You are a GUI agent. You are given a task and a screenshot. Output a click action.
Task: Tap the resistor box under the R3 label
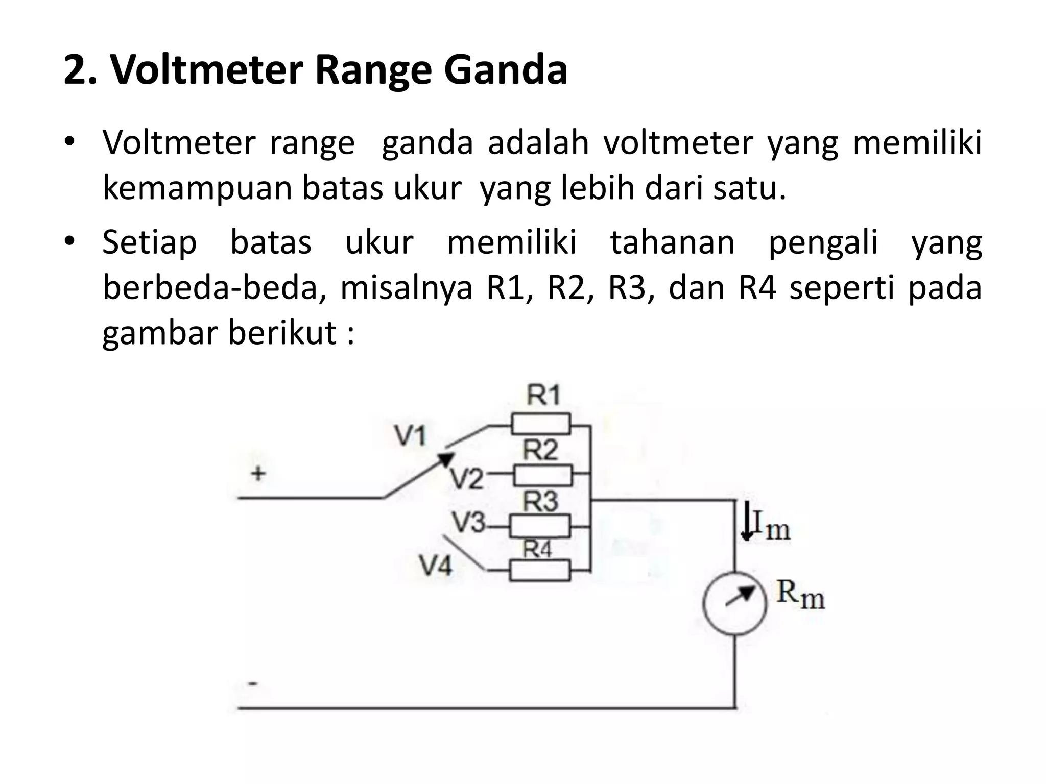coord(540,526)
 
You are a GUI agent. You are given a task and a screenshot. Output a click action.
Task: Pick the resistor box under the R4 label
coord(540,570)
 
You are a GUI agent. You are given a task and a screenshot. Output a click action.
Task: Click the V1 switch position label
coord(410,436)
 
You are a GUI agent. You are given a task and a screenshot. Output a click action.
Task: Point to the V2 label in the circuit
coord(466,478)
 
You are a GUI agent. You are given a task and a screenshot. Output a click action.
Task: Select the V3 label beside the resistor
coord(469,522)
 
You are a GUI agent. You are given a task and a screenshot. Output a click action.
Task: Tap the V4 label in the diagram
coord(436,566)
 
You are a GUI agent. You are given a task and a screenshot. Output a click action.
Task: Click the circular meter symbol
coord(735,602)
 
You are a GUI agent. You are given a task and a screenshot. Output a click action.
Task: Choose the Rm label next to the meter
coord(800,595)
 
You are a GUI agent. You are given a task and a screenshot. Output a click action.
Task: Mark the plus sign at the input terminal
coord(258,473)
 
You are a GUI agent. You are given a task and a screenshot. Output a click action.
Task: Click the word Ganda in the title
coord(506,70)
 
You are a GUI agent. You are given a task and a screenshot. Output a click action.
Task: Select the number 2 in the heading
coord(75,70)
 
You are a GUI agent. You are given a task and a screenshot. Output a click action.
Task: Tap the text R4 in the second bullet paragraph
coord(757,287)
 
